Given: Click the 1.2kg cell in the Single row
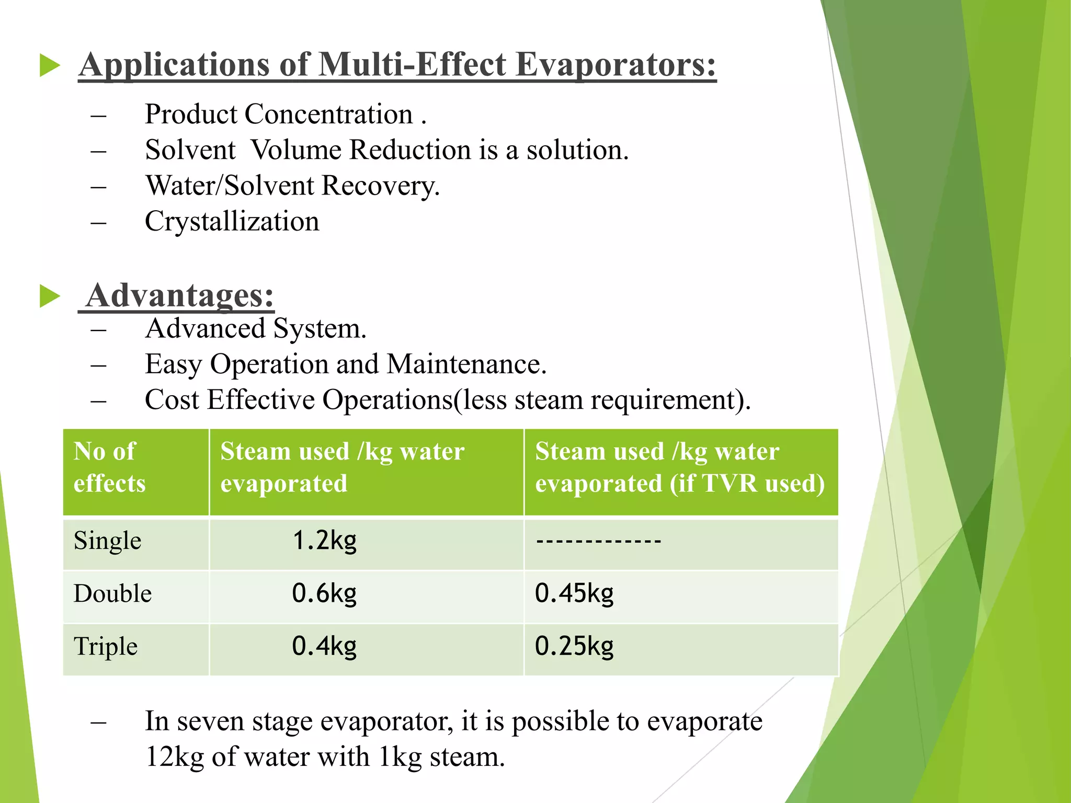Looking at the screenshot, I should pos(324,541).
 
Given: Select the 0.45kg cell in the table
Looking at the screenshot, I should pos(574,594).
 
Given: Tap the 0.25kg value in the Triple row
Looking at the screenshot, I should pos(574,647).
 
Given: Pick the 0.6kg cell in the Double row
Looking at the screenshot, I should pos(324,594).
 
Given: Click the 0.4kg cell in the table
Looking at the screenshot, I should pos(324,647).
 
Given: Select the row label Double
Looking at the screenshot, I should pos(112,594).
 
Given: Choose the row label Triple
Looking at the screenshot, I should pos(106,647).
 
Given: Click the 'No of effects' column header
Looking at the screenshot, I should pos(110,467).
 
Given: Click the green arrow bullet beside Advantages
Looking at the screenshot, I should pos(50,296).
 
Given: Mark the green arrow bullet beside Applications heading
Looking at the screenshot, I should pos(50,66).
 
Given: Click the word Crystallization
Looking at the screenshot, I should pos(232,222).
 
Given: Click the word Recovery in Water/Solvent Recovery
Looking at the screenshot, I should pos(380,186).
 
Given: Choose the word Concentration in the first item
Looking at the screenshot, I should pos(328,114).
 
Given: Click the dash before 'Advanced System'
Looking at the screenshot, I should pos(98,330).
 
